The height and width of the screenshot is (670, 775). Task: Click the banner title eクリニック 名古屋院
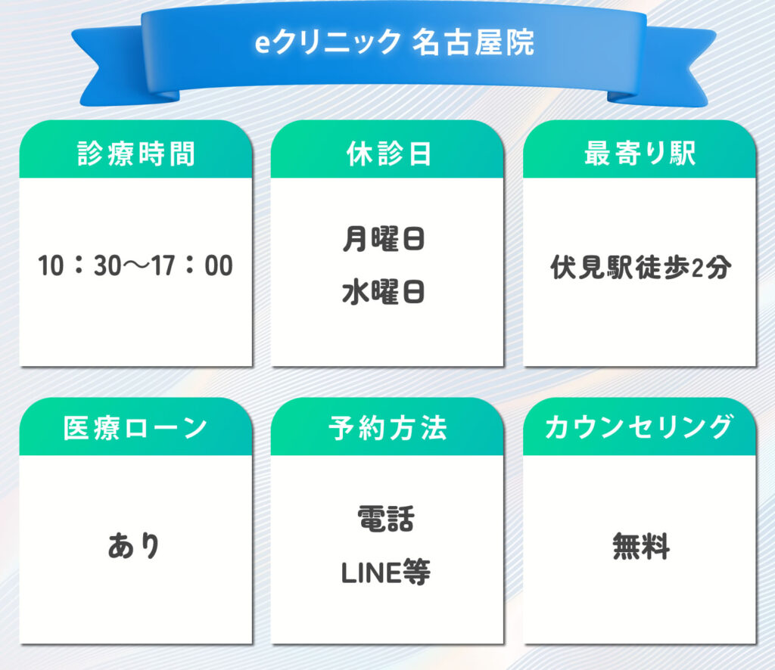click(x=394, y=42)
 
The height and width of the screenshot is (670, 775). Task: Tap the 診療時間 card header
click(x=136, y=154)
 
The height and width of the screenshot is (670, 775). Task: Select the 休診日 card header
click(x=388, y=154)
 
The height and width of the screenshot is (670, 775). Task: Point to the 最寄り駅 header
click(x=640, y=153)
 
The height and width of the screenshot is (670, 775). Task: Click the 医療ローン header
click(x=135, y=427)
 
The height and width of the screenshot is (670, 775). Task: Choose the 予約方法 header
click(x=388, y=427)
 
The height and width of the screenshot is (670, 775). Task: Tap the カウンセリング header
click(x=639, y=427)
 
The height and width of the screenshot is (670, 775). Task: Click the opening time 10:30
click(x=79, y=265)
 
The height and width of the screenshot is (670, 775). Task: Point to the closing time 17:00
click(x=191, y=265)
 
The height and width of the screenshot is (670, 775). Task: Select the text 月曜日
click(x=384, y=239)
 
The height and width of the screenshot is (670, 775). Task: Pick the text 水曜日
click(x=384, y=292)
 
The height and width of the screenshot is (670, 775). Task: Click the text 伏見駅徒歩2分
click(x=640, y=267)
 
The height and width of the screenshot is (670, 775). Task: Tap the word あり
click(x=134, y=546)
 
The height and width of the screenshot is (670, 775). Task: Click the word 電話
click(x=386, y=519)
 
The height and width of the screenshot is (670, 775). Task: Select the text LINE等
click(x=385, y=572)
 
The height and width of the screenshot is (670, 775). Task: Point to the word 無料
click(x=641, y=546)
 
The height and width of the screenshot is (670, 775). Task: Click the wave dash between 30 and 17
click(x=136, y=266)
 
